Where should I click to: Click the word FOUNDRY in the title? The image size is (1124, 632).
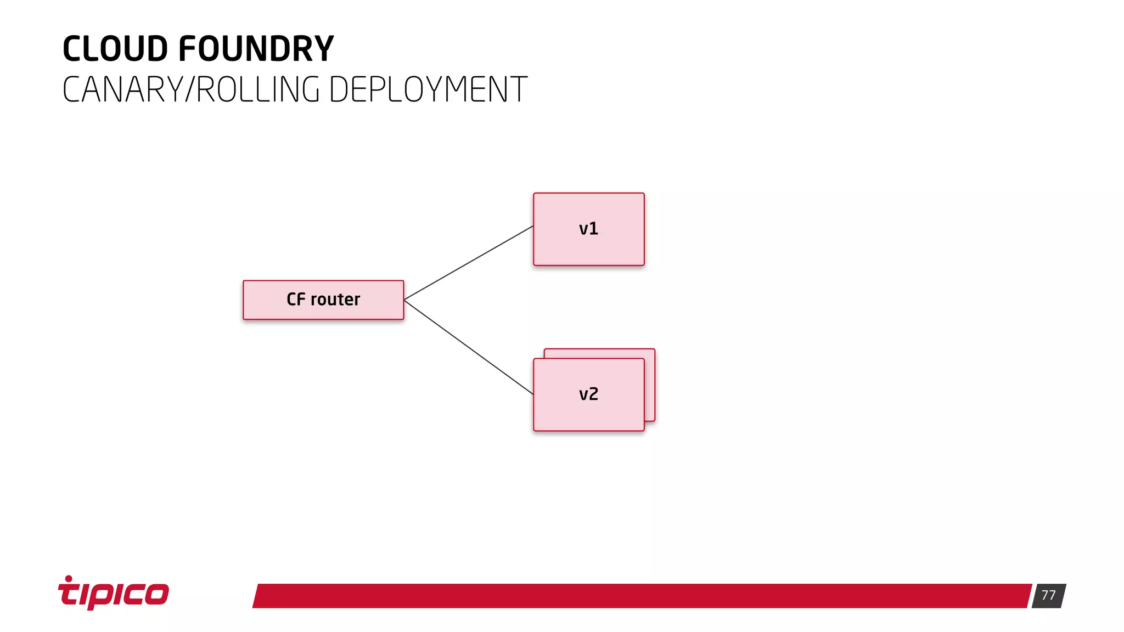coord(256,49)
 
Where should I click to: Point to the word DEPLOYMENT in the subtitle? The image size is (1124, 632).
coord(428,89)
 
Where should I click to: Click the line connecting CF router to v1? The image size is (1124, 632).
coord(468,263)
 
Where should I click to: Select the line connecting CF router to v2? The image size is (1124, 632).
coord(468,347)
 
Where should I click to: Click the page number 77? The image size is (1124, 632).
coord(1048,595)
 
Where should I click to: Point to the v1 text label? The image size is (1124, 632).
coord(588,229)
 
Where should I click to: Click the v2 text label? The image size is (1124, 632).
coord(588,394)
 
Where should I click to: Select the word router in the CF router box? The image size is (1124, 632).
coord(335,300)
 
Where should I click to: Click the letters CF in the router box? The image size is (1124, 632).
coord(296,300)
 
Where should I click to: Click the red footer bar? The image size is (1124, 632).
coord(642,596)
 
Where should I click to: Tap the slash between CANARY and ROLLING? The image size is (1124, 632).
coord(190,89)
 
